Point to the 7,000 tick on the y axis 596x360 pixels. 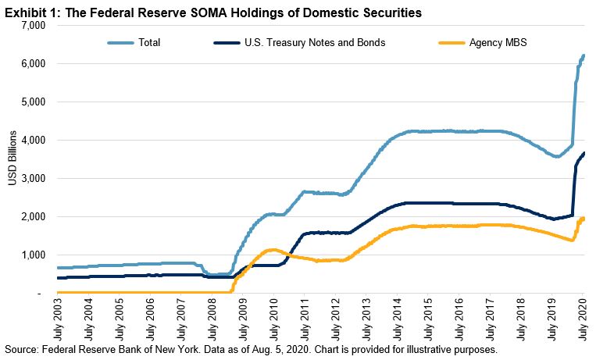click(34, 26)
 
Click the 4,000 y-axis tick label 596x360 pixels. click(34, 141)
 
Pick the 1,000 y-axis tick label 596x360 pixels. click(34, 255)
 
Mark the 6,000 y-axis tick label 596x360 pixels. click(34, 64)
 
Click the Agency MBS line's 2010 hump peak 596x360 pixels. click(271, 250)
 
